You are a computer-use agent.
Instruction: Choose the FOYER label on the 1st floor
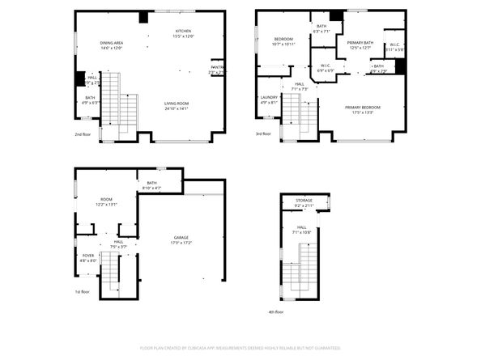87,258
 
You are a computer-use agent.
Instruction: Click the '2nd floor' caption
83,134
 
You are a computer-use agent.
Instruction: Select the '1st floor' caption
83,293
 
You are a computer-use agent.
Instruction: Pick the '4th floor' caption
276,311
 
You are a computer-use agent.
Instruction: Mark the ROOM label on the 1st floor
105,201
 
